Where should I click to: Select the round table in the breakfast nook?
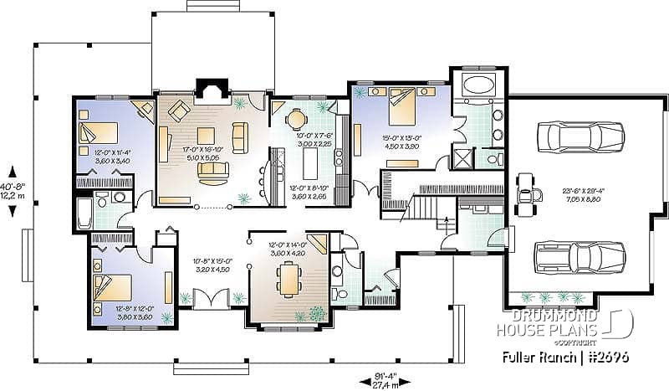pyautogui.click(x=297, y=119)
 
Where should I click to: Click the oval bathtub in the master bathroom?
pyautogui.click(x=477, y=85)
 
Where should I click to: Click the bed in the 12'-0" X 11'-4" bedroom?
pyautogui.click(x=99, y=132)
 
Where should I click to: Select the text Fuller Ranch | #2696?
pyautogui.click(x=565, y=357)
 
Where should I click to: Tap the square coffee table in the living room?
pyautogui.click(x=206, y=136)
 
